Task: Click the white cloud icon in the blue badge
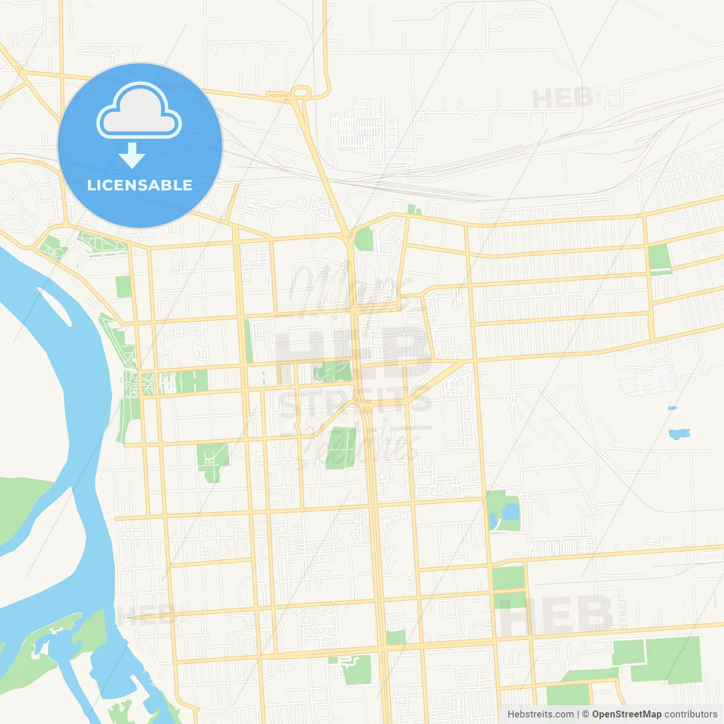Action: click(139, 111)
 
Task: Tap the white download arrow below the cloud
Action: click(132, 156)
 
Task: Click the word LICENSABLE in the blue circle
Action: click(140, 185)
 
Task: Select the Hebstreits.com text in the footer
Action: click(540, 714)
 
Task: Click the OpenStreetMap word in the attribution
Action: click(626, 714)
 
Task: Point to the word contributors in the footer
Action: click(690, 714)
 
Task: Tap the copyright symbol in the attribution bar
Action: click(585, 714)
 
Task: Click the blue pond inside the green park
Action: click(510, 511)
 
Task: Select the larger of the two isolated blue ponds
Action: click(679, 434)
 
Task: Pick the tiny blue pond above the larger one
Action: click(672, 408)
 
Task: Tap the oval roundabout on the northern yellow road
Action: click(301, 92)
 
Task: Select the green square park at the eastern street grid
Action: click(659, 258)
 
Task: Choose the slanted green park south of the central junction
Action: click(341, 448)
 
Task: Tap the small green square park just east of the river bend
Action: click(123, 287)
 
